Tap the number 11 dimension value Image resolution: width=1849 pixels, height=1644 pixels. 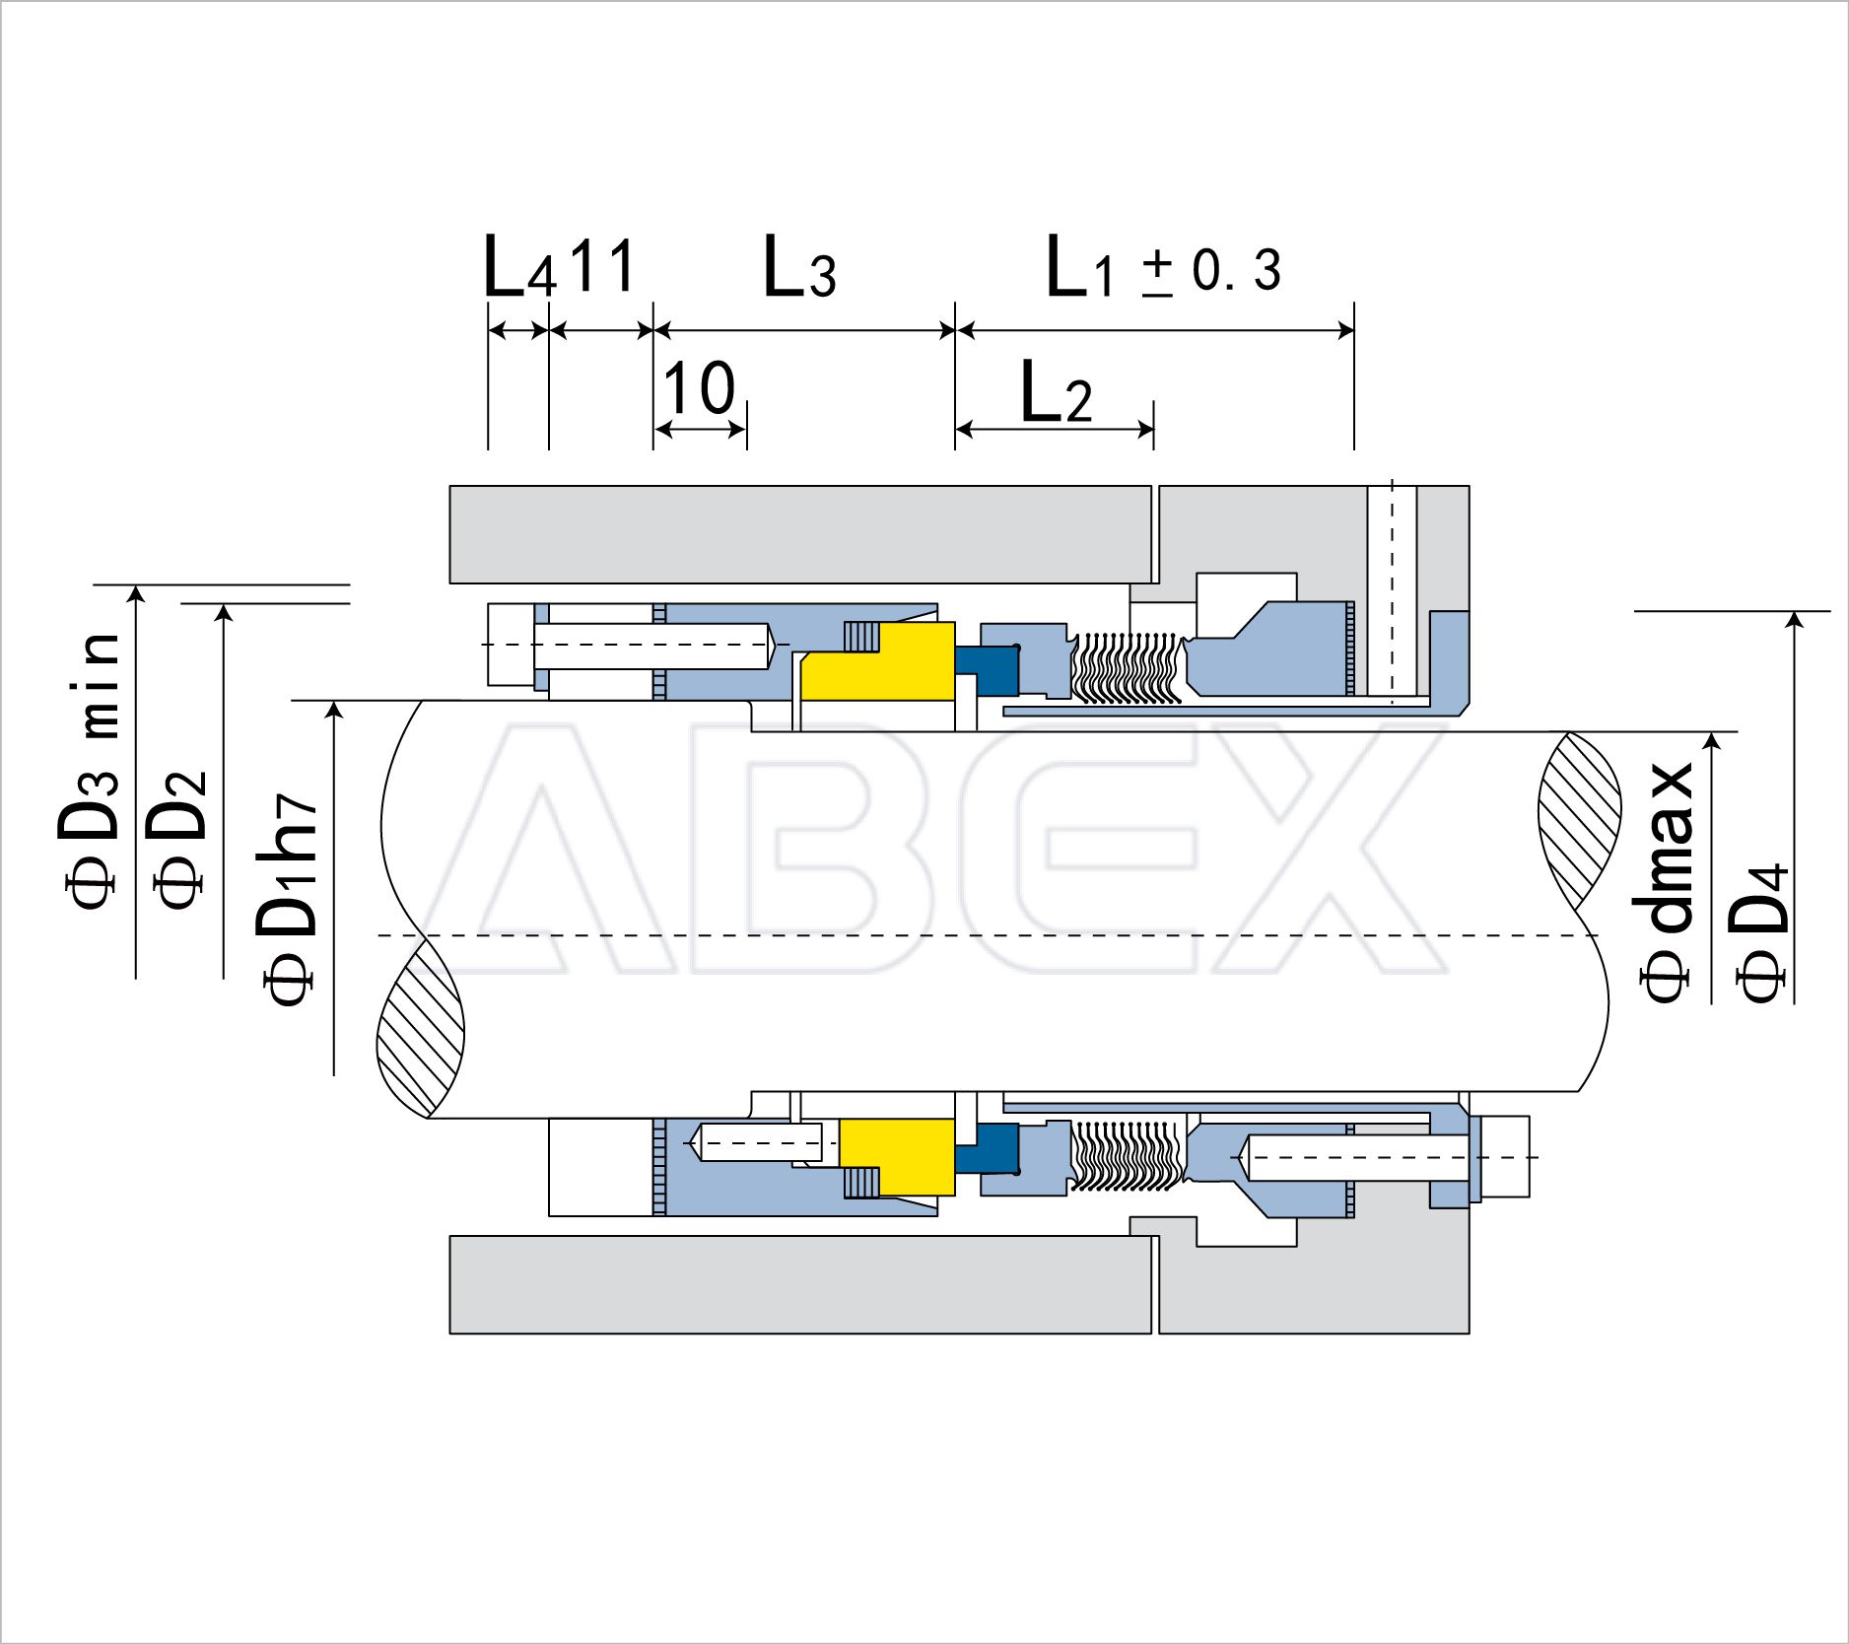pyautogui.click(x=602, y=264)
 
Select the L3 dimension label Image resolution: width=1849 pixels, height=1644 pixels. pyautogui.click(x=799, y=267)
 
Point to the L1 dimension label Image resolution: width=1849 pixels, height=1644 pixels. pyautogui.click(x=1079, y=267)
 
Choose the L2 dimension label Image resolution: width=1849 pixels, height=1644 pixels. pyautogui.click(x=1056, y=392)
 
